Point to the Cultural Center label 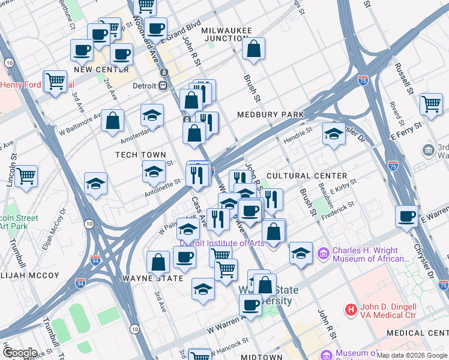pyautogui.click(x=307, y=176)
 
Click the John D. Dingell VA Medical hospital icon pyautogui.click(x=351, y=310)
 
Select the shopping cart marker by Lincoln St pyautogui.click(x=26, y=177)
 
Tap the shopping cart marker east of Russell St pyautogui.click(x=431, y=104)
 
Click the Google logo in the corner pyautogui.click(x=19, y=353)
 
